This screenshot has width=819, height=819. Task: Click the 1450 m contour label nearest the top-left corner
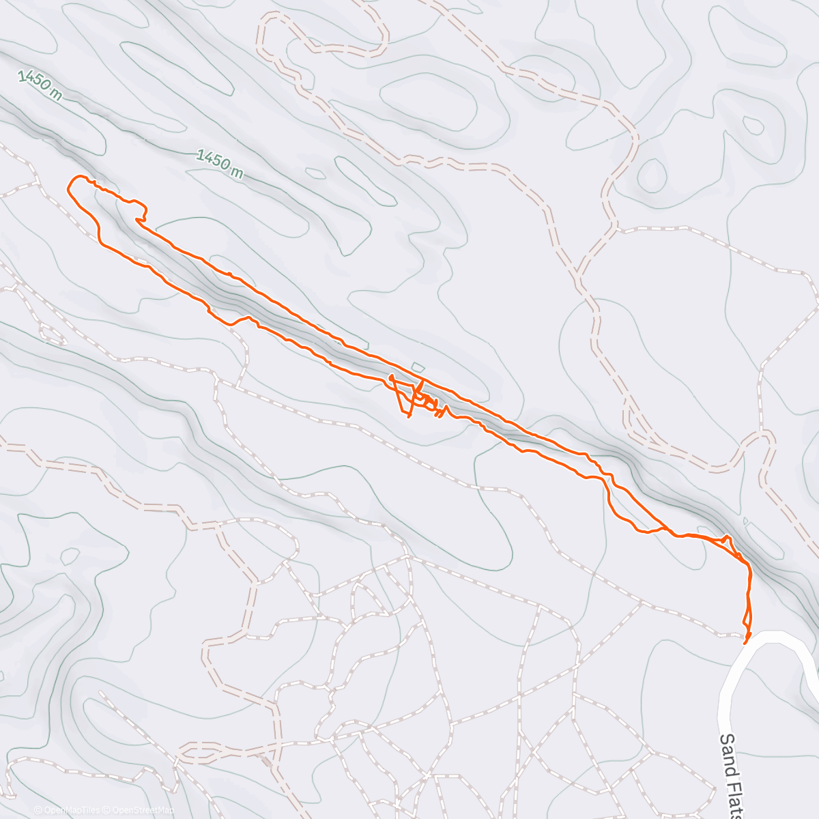click(40, 85)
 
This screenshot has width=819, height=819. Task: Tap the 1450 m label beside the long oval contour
click(220, 164)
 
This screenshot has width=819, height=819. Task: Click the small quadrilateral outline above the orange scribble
click(418, 367)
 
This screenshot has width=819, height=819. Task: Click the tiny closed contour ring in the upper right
click(753, 125)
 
